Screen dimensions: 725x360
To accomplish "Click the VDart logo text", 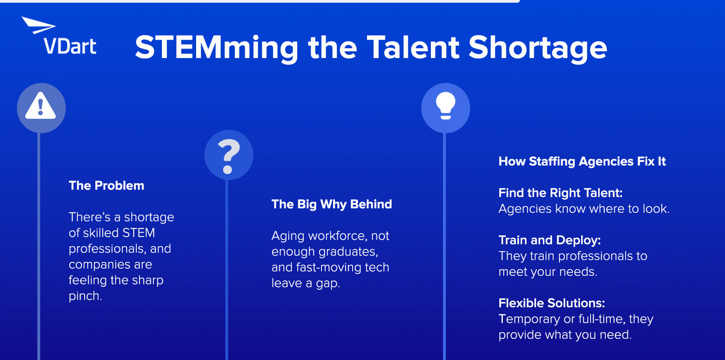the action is click(70, 46).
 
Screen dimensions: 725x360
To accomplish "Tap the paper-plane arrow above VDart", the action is click(39, 25).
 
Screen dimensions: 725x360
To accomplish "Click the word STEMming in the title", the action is click(216, 48).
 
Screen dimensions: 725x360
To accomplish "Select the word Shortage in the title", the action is click(537, 48).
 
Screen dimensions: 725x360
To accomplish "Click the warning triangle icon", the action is click(41, 106).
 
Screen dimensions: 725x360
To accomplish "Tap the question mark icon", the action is click(228, 157).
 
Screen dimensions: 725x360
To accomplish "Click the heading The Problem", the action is click(107, 186).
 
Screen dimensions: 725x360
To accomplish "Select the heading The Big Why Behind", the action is click(332, 204).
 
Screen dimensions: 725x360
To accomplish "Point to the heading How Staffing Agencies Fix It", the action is click(582, 161).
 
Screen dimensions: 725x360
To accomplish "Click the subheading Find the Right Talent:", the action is click(560, 193).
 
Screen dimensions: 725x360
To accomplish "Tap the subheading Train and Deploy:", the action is click(550, 240).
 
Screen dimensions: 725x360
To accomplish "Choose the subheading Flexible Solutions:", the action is click(551, 303).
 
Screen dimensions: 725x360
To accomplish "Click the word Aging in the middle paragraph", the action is click(288, 236).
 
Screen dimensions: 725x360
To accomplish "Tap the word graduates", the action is click(348, 252).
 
